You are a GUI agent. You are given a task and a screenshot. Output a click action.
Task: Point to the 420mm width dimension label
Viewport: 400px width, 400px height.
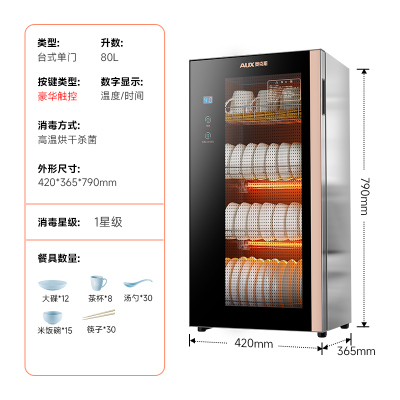255,343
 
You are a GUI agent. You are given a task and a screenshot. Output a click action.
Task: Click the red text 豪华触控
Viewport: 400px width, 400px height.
57,99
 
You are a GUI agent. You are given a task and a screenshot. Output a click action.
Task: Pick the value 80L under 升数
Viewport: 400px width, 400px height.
109,59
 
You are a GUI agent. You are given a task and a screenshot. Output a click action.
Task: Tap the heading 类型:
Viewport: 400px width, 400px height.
49,43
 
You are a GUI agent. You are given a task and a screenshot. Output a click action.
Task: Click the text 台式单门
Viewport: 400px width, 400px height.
57,59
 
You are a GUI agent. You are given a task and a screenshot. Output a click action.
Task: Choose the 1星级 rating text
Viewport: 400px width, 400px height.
110,221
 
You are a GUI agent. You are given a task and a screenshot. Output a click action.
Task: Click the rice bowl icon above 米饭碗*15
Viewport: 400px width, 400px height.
56,315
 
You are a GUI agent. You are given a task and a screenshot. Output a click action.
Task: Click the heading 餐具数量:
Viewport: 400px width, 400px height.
60,258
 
